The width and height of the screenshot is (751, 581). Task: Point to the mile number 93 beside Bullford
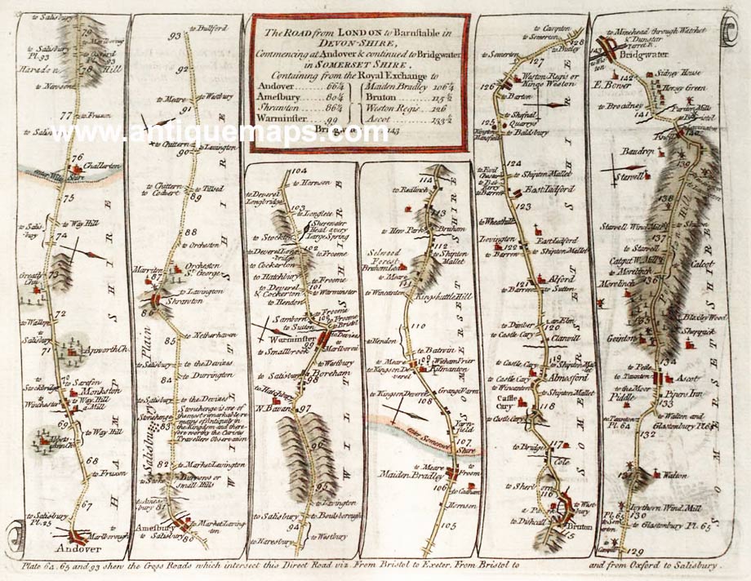[173, 36]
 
